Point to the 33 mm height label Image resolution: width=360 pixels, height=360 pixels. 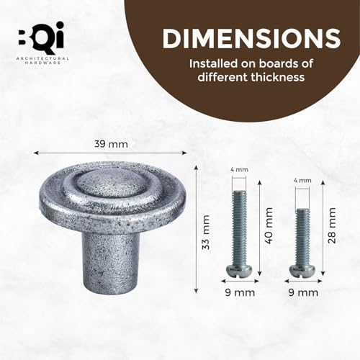click(x=207, y=229)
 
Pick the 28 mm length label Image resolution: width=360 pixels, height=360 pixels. click(x=332, y=225)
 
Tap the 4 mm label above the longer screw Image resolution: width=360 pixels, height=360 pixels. click(x=239, y=171)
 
